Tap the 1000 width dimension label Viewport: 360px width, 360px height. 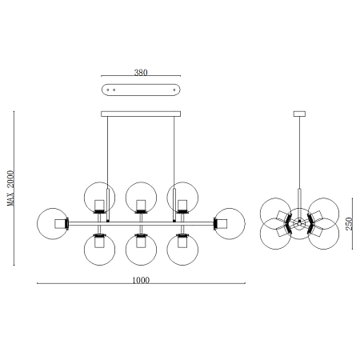click(141, 280)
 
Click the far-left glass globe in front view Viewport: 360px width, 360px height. click(53, 222)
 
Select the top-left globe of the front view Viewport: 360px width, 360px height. click(100, 197)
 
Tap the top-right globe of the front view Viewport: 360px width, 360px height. click(182, 197)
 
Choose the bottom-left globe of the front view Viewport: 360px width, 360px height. click(100, 247)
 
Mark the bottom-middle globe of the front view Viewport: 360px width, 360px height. click(141, 247)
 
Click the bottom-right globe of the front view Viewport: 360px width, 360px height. click(182, 247)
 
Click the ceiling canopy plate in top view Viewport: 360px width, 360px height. click(141, 88)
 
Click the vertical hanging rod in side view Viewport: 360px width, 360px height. click(299, 160)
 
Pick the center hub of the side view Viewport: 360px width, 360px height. click(299, 221)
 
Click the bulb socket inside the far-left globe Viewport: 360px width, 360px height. click(60, 222)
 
